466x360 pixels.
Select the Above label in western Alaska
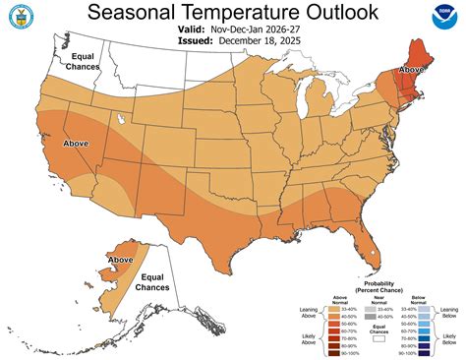coord(120,260)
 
